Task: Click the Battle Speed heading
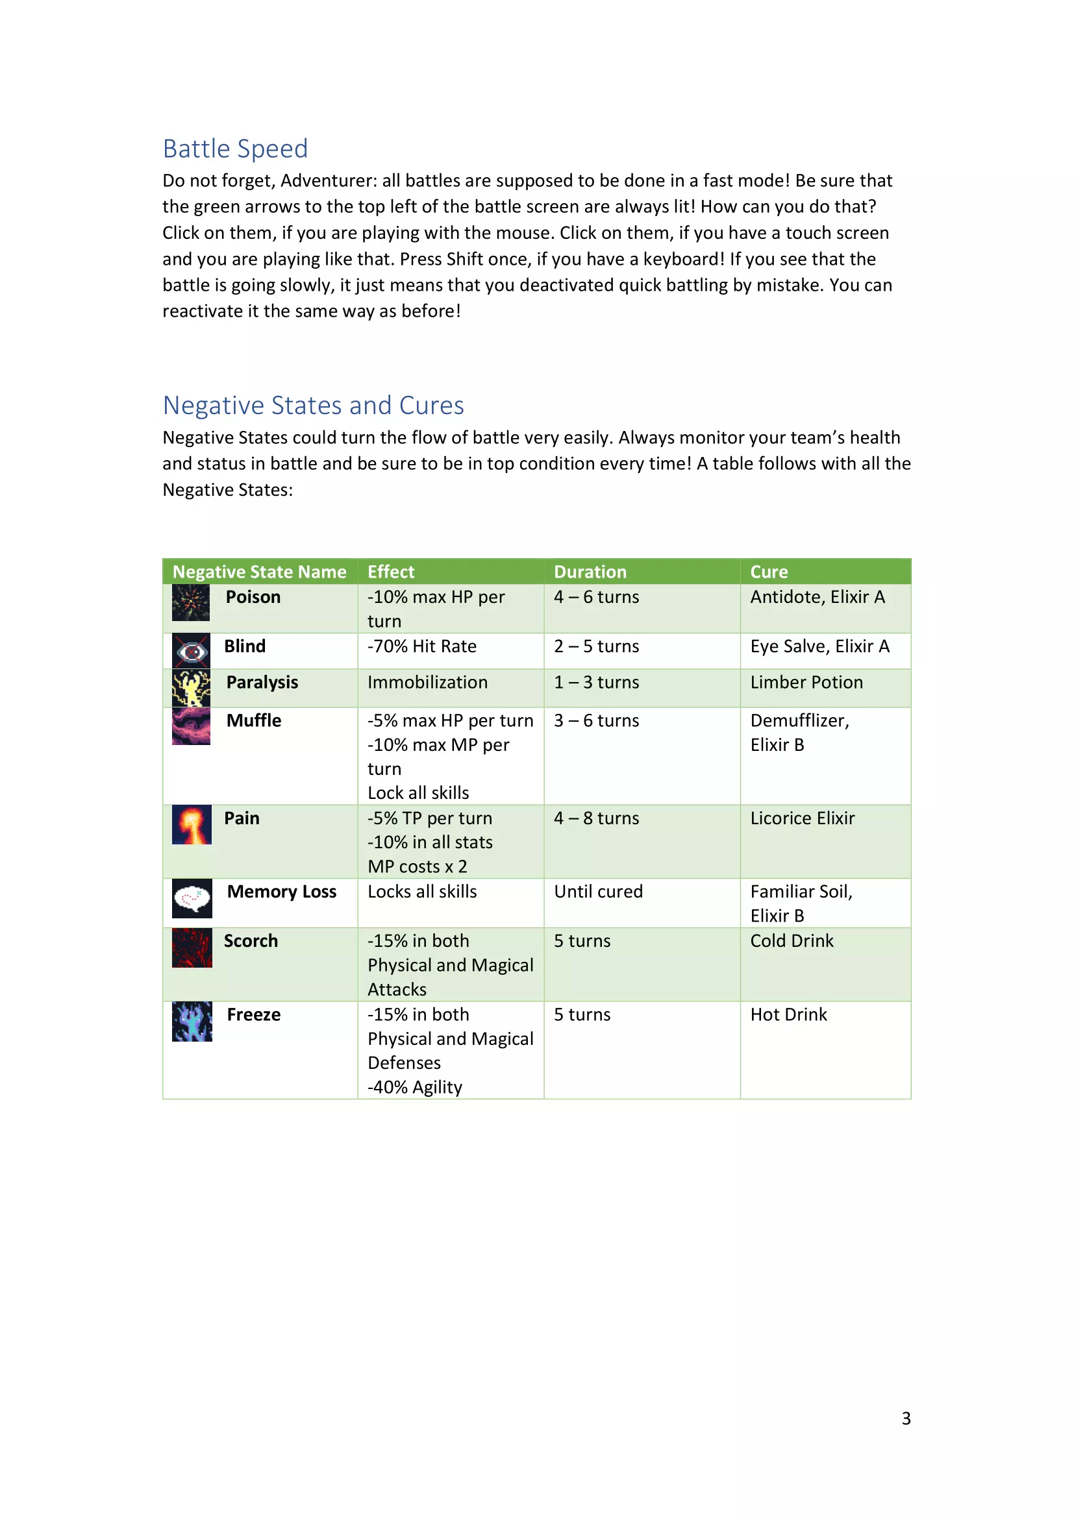point(235,149)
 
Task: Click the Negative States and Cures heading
point(313,405)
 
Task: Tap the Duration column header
point(590,572)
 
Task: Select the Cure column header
point(768,572)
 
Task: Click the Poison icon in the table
point(190,602)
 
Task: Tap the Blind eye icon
point(191,651)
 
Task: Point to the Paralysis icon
point(191,687)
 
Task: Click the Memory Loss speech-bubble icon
point(192,898)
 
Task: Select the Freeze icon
point(192,1022)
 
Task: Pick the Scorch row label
point(251,941)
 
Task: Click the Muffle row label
point(253,720)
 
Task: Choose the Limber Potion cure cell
point(806,682)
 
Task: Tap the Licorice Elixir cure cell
point(802,818)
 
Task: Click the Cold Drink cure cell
point(792,941)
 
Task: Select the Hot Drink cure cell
point(788,1015)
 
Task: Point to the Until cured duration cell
point(598,892)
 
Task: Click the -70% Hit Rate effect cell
point(422,646)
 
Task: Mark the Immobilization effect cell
point(427,682)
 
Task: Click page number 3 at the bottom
point(906,1419)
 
